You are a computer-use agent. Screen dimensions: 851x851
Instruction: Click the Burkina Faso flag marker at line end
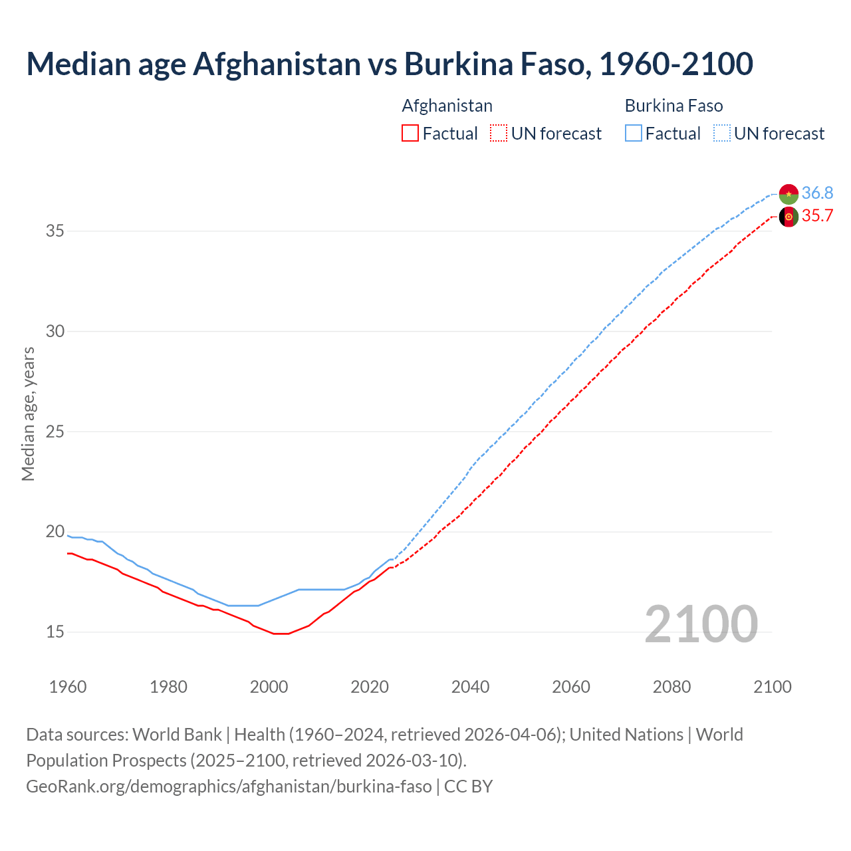point(789,194)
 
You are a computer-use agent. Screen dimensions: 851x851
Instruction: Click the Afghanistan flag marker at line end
point(789,217)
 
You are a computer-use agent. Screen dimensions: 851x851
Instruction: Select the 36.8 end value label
point(817,193)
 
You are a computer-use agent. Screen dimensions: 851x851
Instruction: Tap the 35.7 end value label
point(817,216)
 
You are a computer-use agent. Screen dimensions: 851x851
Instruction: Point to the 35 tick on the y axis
point(55,231)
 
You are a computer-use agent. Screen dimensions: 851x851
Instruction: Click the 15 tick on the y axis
point(55,632)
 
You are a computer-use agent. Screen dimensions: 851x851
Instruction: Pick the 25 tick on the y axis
point(55,431)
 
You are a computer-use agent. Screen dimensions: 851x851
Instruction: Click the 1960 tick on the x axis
point(68,687)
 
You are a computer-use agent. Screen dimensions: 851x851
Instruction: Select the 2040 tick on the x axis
point(470,687)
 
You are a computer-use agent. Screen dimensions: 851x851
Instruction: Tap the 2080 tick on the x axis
point(671,687)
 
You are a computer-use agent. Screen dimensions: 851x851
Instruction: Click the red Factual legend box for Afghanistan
point(410,134)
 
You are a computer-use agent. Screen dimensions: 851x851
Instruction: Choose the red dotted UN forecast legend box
point(499,134)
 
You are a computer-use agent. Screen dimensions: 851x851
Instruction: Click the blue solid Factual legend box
point(633,134)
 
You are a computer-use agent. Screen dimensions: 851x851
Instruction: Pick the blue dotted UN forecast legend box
point(721,134)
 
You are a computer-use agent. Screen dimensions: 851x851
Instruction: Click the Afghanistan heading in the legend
point(447,106)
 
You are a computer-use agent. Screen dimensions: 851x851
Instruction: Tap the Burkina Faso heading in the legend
point(673,106)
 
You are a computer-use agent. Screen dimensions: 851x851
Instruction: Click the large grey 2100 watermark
point(701,624)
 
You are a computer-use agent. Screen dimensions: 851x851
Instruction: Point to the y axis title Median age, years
point(28,414)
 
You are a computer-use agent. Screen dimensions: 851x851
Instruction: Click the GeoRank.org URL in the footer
point(229,787)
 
